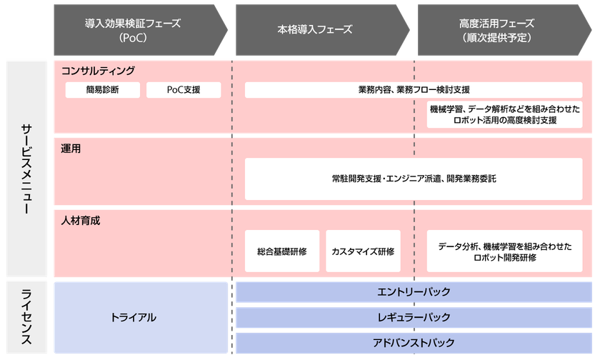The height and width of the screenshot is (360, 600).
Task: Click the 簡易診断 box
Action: (x=102, y=90)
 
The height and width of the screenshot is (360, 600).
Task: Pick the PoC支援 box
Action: (x=184, y=90)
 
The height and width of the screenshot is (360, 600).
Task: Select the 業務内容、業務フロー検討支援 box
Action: (x=414, y=90)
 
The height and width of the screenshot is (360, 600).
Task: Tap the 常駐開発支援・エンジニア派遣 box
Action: (x=414, y=179)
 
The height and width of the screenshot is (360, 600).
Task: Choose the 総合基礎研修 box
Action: (x=282, y=251)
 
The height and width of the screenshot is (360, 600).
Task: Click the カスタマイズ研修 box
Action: (x=363, y=251)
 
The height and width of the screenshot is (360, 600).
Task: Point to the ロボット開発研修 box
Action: (x=506, y=251)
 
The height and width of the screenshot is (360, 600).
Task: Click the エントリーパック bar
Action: (x=414, y=291)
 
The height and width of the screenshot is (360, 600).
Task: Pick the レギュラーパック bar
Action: (x=414, y=316)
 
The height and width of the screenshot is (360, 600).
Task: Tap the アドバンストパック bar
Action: (x=414, y=341)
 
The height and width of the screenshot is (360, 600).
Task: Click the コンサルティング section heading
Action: (x=99, y=71)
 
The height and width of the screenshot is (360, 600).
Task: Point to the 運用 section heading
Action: (x=71, y=149)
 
